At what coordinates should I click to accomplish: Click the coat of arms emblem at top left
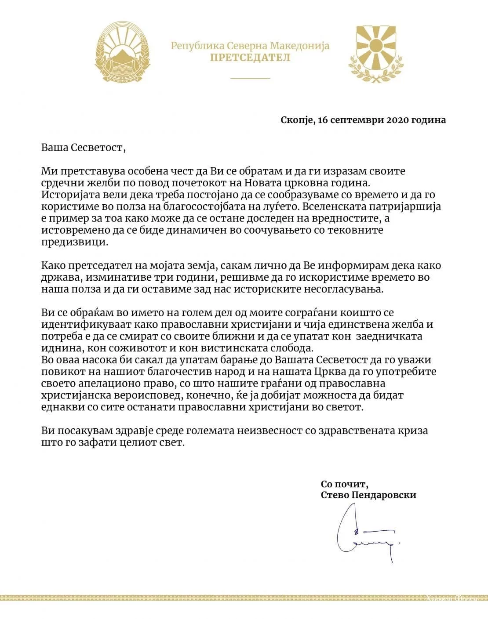pos(120,52)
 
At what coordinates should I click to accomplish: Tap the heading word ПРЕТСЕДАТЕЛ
pos(250,58)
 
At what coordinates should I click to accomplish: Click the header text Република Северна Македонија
pos(250,46)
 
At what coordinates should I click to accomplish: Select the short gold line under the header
pos(250,78)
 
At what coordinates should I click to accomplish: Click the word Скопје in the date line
pos(297,120)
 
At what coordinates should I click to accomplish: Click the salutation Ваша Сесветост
pos(84,147)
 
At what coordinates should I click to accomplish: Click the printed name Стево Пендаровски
pos(368,495)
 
